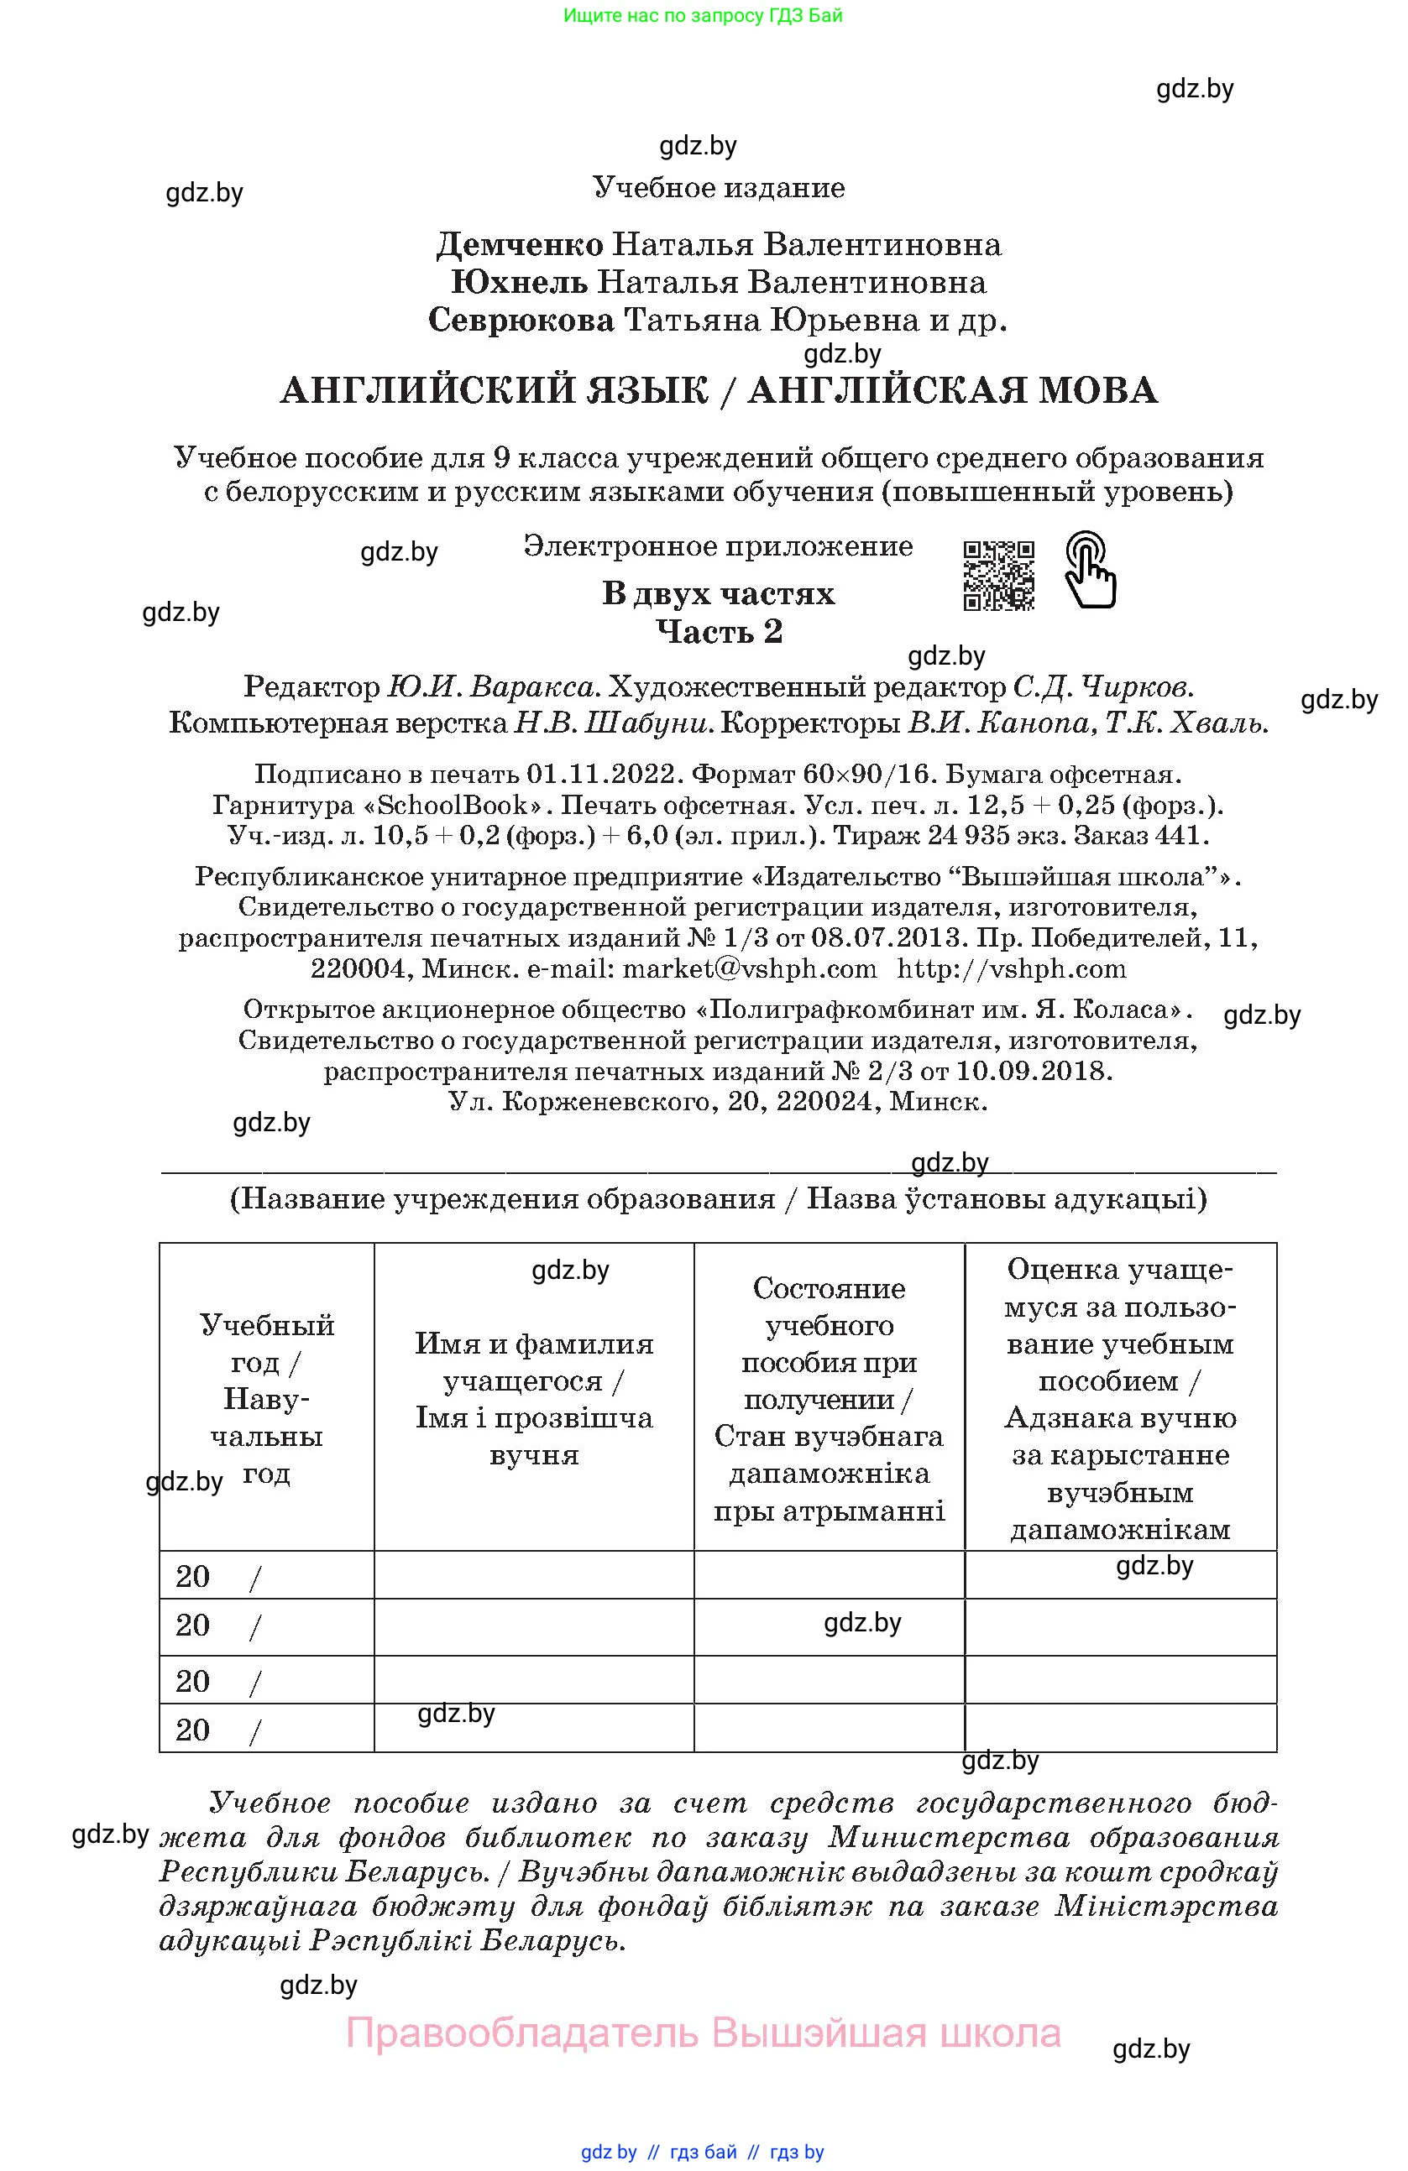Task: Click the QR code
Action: click(x=998, y=575)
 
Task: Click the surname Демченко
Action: click(x=521, y=244)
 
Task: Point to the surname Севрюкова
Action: click(x=521, y=321)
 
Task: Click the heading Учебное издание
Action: click(x=719, y=188)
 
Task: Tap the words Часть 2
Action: click(x=719, y=631)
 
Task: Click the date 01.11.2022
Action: click(x=604, y=775)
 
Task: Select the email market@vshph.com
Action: click(x=749, y=968)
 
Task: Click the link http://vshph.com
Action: click(x=1012, y=968)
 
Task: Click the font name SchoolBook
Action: click(x=453, y=806)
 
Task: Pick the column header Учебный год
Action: click(x=266, y=1397)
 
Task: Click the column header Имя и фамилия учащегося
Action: click(x=534, y=1398)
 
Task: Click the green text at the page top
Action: click(x=703, y=15)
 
